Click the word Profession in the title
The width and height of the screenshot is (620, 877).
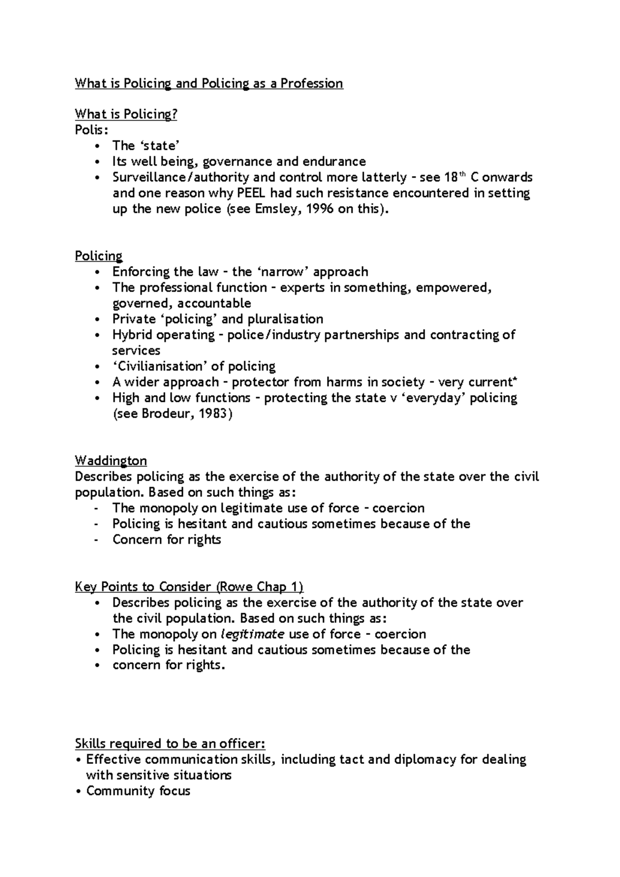312,84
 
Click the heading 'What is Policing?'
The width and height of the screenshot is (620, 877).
126,114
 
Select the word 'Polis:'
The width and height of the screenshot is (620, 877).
91,130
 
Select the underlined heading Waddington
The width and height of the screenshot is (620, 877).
111,461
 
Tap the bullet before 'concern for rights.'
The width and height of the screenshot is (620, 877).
98,666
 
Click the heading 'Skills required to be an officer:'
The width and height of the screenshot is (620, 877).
170,744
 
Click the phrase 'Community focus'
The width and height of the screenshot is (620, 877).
138,791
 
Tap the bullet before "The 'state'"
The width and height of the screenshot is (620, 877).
98,146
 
